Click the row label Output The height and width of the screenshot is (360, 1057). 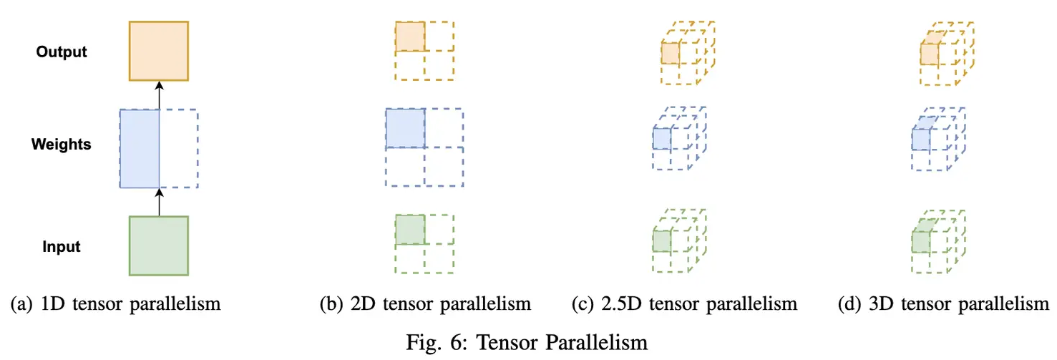click(x=62, y=52)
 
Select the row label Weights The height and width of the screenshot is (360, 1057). click(x=62, y=144)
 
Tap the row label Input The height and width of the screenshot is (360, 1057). click(x=62, y=246)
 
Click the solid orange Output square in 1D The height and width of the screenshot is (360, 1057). click(x=159, y=51)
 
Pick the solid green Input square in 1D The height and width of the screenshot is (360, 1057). click(x=159, y=245)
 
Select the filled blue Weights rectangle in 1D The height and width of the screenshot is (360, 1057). click(x=140, y=149)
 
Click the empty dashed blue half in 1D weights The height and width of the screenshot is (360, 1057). click(x=179, y=149)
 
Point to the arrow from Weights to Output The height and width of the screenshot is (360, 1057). click(x=159, y=95)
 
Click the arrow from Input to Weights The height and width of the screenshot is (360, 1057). click(x=159, y=202)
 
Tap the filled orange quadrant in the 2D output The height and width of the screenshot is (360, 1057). click(x=410, y=36)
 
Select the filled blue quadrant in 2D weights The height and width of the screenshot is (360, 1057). click(x=405, y=128)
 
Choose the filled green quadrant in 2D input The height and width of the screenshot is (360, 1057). click(x=410, y=230)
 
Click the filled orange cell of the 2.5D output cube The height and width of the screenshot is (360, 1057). click(x=670, y=53)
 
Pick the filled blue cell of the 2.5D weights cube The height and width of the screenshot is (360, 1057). click(x=661, y=139)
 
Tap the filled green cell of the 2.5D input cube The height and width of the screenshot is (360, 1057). click(x=661, y=241)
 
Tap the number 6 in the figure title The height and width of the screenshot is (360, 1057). click(x=457, y=342)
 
